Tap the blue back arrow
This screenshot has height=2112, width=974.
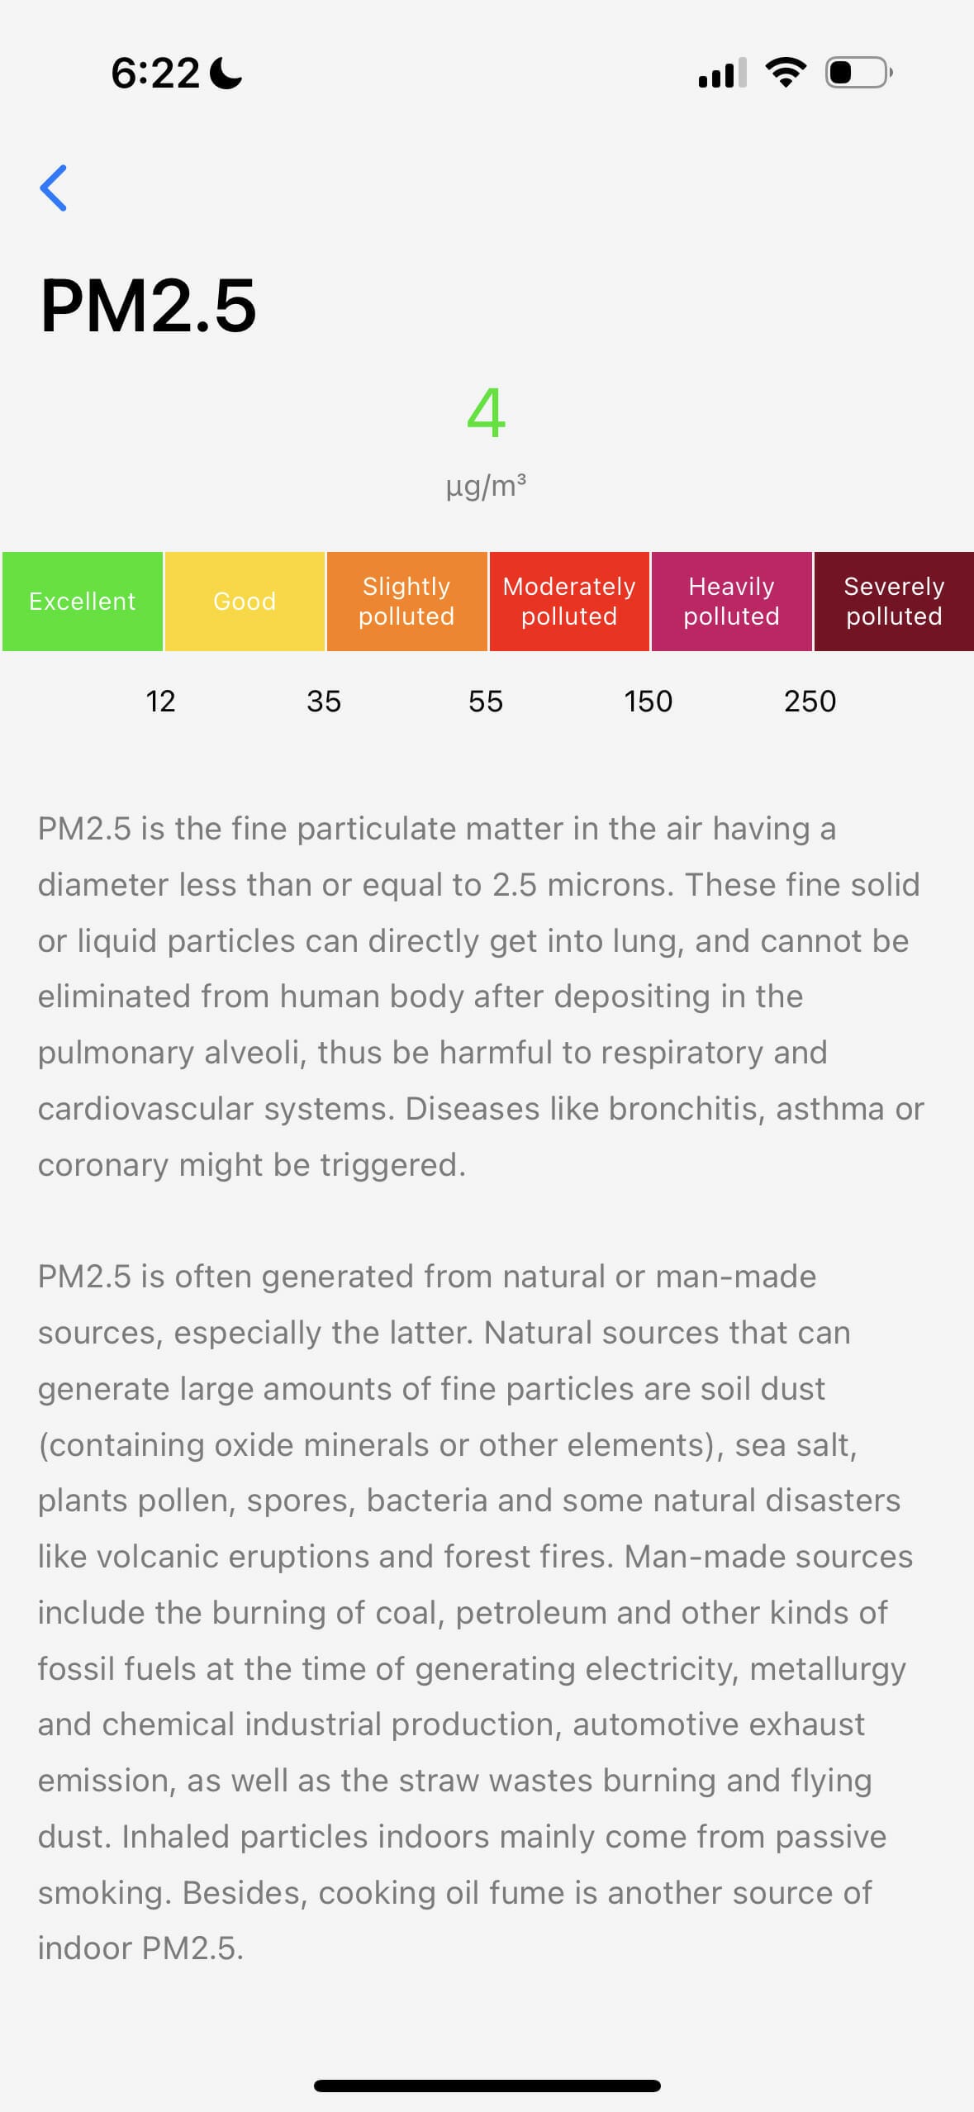point(54,188)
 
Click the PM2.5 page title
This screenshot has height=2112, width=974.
point(149,306)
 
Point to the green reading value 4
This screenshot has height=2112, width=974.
point(486,412)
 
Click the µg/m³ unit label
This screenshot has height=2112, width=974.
point(486,485)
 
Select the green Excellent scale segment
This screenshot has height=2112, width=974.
point(82,602)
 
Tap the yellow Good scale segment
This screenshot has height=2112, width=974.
point(245,602)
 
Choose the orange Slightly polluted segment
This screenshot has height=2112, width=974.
point(406,602)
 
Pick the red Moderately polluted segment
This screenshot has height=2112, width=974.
point(569,602)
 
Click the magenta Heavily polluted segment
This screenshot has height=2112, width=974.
point(731,602)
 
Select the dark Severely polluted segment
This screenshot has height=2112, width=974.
point(894,602)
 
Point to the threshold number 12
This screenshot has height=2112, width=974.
point(160,702)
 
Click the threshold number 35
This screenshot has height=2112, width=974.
point(324,702)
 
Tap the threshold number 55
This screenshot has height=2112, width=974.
point(486,702)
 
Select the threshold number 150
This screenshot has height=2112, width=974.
point(649,702)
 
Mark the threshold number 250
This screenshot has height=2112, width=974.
point(810,702)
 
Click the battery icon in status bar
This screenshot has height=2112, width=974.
point(858,73)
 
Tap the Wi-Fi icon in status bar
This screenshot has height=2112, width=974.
point(786,73)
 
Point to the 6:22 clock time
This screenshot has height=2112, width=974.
point(155,73)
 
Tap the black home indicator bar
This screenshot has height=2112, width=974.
point(487,2086)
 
